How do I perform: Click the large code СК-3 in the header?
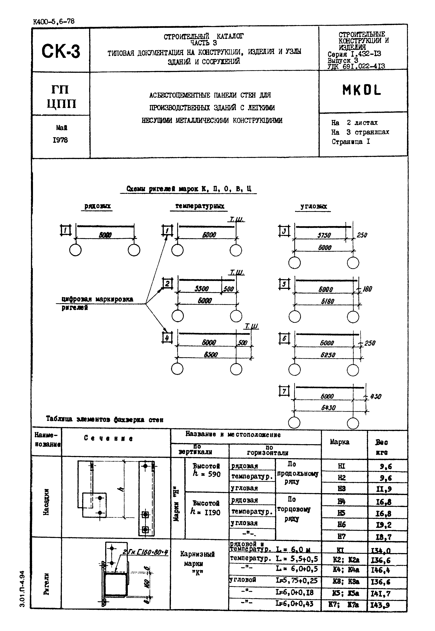(x=61, y=51)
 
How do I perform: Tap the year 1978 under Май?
(x=60, y=140)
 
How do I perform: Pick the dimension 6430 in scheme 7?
(x=328, y=408)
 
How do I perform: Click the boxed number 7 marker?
(x=284, y=391)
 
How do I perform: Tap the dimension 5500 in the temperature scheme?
(x=201, y=289)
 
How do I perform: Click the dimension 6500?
(x=211, y=354)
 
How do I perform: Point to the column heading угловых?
(x=313, y=206)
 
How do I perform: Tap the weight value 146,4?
(x=380, y=570)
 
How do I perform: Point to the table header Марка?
(x=339, y=442)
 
